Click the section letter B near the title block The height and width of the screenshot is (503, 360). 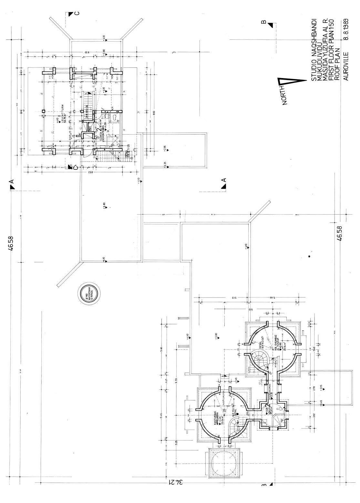(x=263, y=22)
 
